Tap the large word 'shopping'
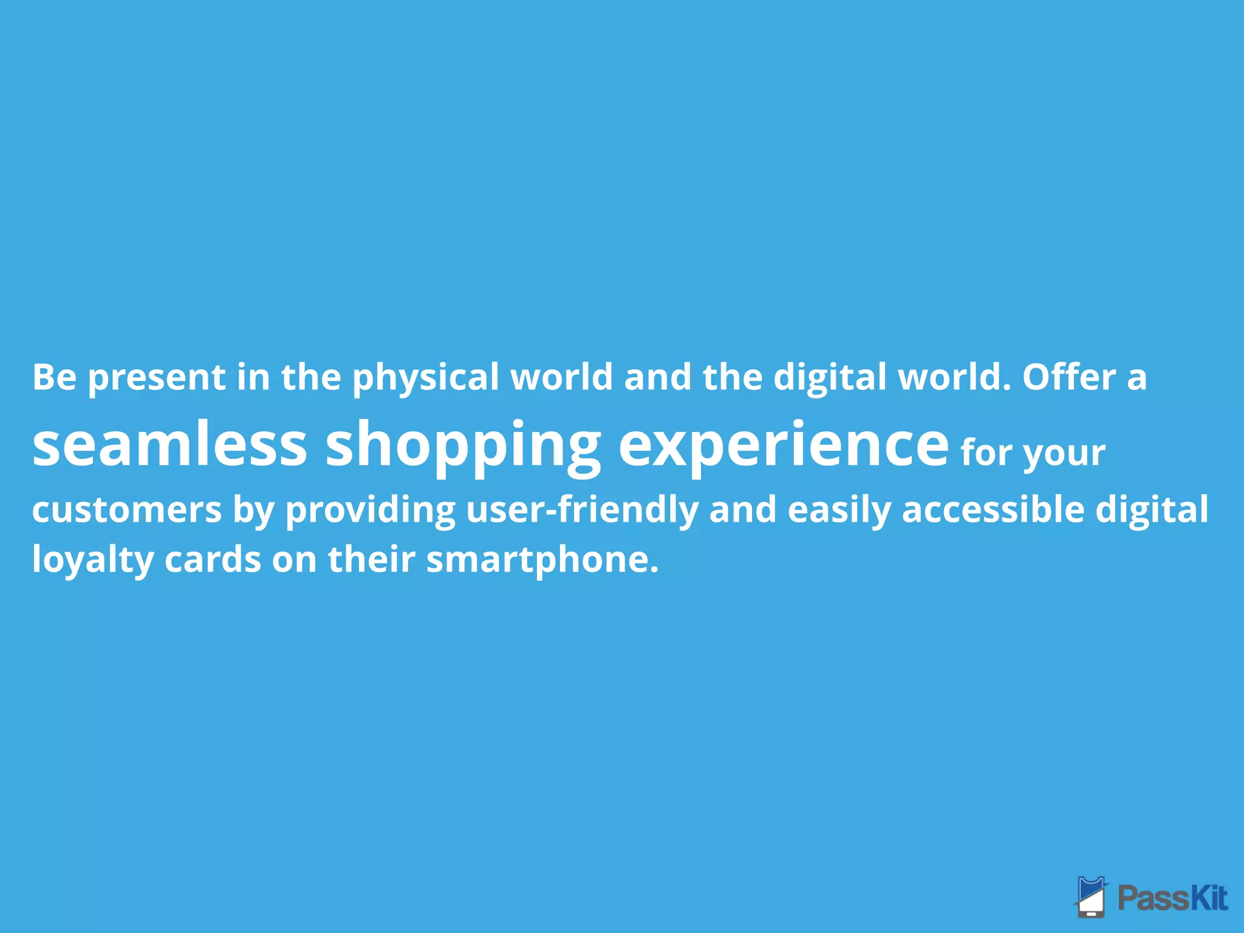pos(463,446)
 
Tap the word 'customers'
pos(126,510)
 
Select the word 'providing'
pos(371,510)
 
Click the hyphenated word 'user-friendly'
pos(582,510)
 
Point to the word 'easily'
pos(839,510)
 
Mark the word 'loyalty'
pos(92,560)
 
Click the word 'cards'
pos(213,559)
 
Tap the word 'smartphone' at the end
pos(542,560)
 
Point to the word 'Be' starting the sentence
pos(55,377)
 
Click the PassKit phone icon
pos(1092,896)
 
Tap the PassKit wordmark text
pos(1172,898)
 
